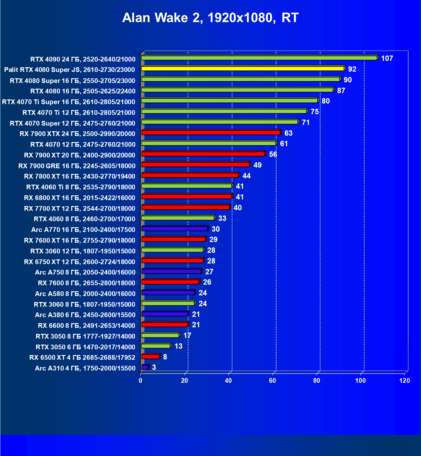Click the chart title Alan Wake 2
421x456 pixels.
point(210,18)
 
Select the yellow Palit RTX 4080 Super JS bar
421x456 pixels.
point(243,68)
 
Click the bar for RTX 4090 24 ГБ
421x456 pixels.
point(259,58)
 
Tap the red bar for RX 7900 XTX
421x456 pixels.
point(211,133)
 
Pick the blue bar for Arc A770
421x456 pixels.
point(174,228)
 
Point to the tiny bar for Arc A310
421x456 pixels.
point(145,367)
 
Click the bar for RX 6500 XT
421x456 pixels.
point(150,357)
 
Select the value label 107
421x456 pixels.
point(387,58)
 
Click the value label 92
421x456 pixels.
point(352,69)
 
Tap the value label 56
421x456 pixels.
point(273,154)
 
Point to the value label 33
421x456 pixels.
point(222,218)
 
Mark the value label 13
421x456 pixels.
point(178,346)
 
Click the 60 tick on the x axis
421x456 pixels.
point(272,381)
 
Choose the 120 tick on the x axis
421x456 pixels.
point(405,381)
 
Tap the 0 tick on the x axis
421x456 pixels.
point(141,381)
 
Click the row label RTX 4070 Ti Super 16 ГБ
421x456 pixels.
point(68,102)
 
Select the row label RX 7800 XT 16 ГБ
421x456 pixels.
point(79,176)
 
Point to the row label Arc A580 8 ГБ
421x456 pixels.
point(85,293)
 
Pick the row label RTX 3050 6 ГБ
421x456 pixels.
point(85,347)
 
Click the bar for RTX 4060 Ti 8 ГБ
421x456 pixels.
point(187,186)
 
